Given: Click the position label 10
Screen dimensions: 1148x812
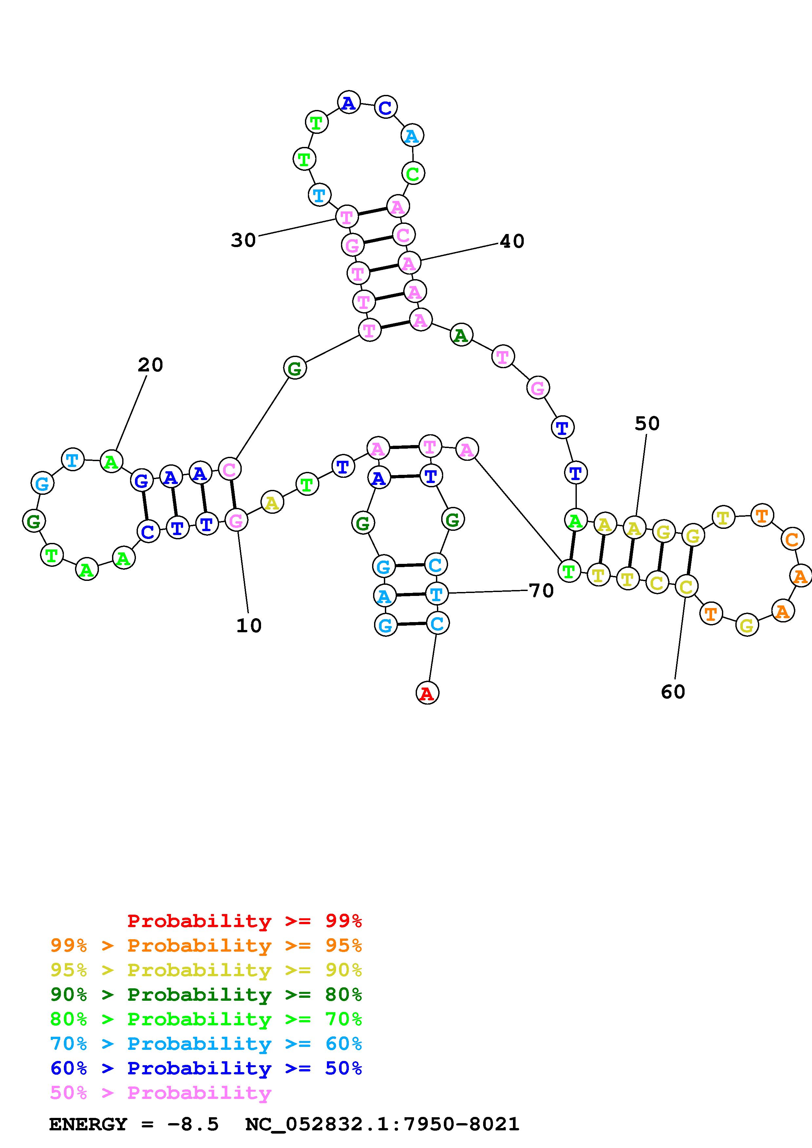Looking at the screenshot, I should click(249, 625).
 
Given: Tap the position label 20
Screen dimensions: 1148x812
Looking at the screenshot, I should click(150, 365).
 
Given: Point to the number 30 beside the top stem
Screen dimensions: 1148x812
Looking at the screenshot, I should click(243, 241).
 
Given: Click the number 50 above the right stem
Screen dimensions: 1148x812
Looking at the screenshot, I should click(647, 423).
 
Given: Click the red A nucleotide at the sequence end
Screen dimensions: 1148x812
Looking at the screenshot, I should click(427, 693).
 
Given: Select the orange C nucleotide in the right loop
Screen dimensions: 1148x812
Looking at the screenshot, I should click(791, 540).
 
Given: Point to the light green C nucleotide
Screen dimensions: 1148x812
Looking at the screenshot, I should click(413, 174).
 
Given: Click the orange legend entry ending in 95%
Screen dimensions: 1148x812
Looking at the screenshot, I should click(206, 945).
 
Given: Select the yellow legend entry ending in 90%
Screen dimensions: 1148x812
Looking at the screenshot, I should click(206, 970).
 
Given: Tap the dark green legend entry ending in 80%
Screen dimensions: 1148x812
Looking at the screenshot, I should click(206, 995).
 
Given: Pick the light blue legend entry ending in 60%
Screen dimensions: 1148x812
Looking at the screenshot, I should click(206, 1044).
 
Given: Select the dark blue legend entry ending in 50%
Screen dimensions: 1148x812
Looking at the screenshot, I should click(206, 1068).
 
